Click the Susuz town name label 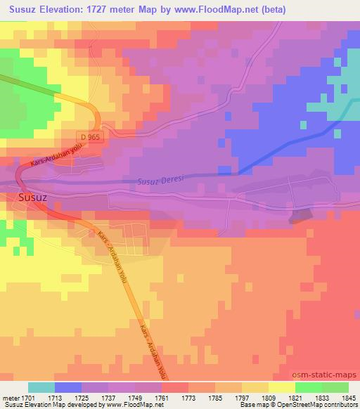point(32,197)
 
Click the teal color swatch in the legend point(41,387)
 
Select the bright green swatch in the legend point(309,387)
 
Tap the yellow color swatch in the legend point(282,387)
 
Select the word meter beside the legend point(11,397)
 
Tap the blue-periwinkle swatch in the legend point(68,387)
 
